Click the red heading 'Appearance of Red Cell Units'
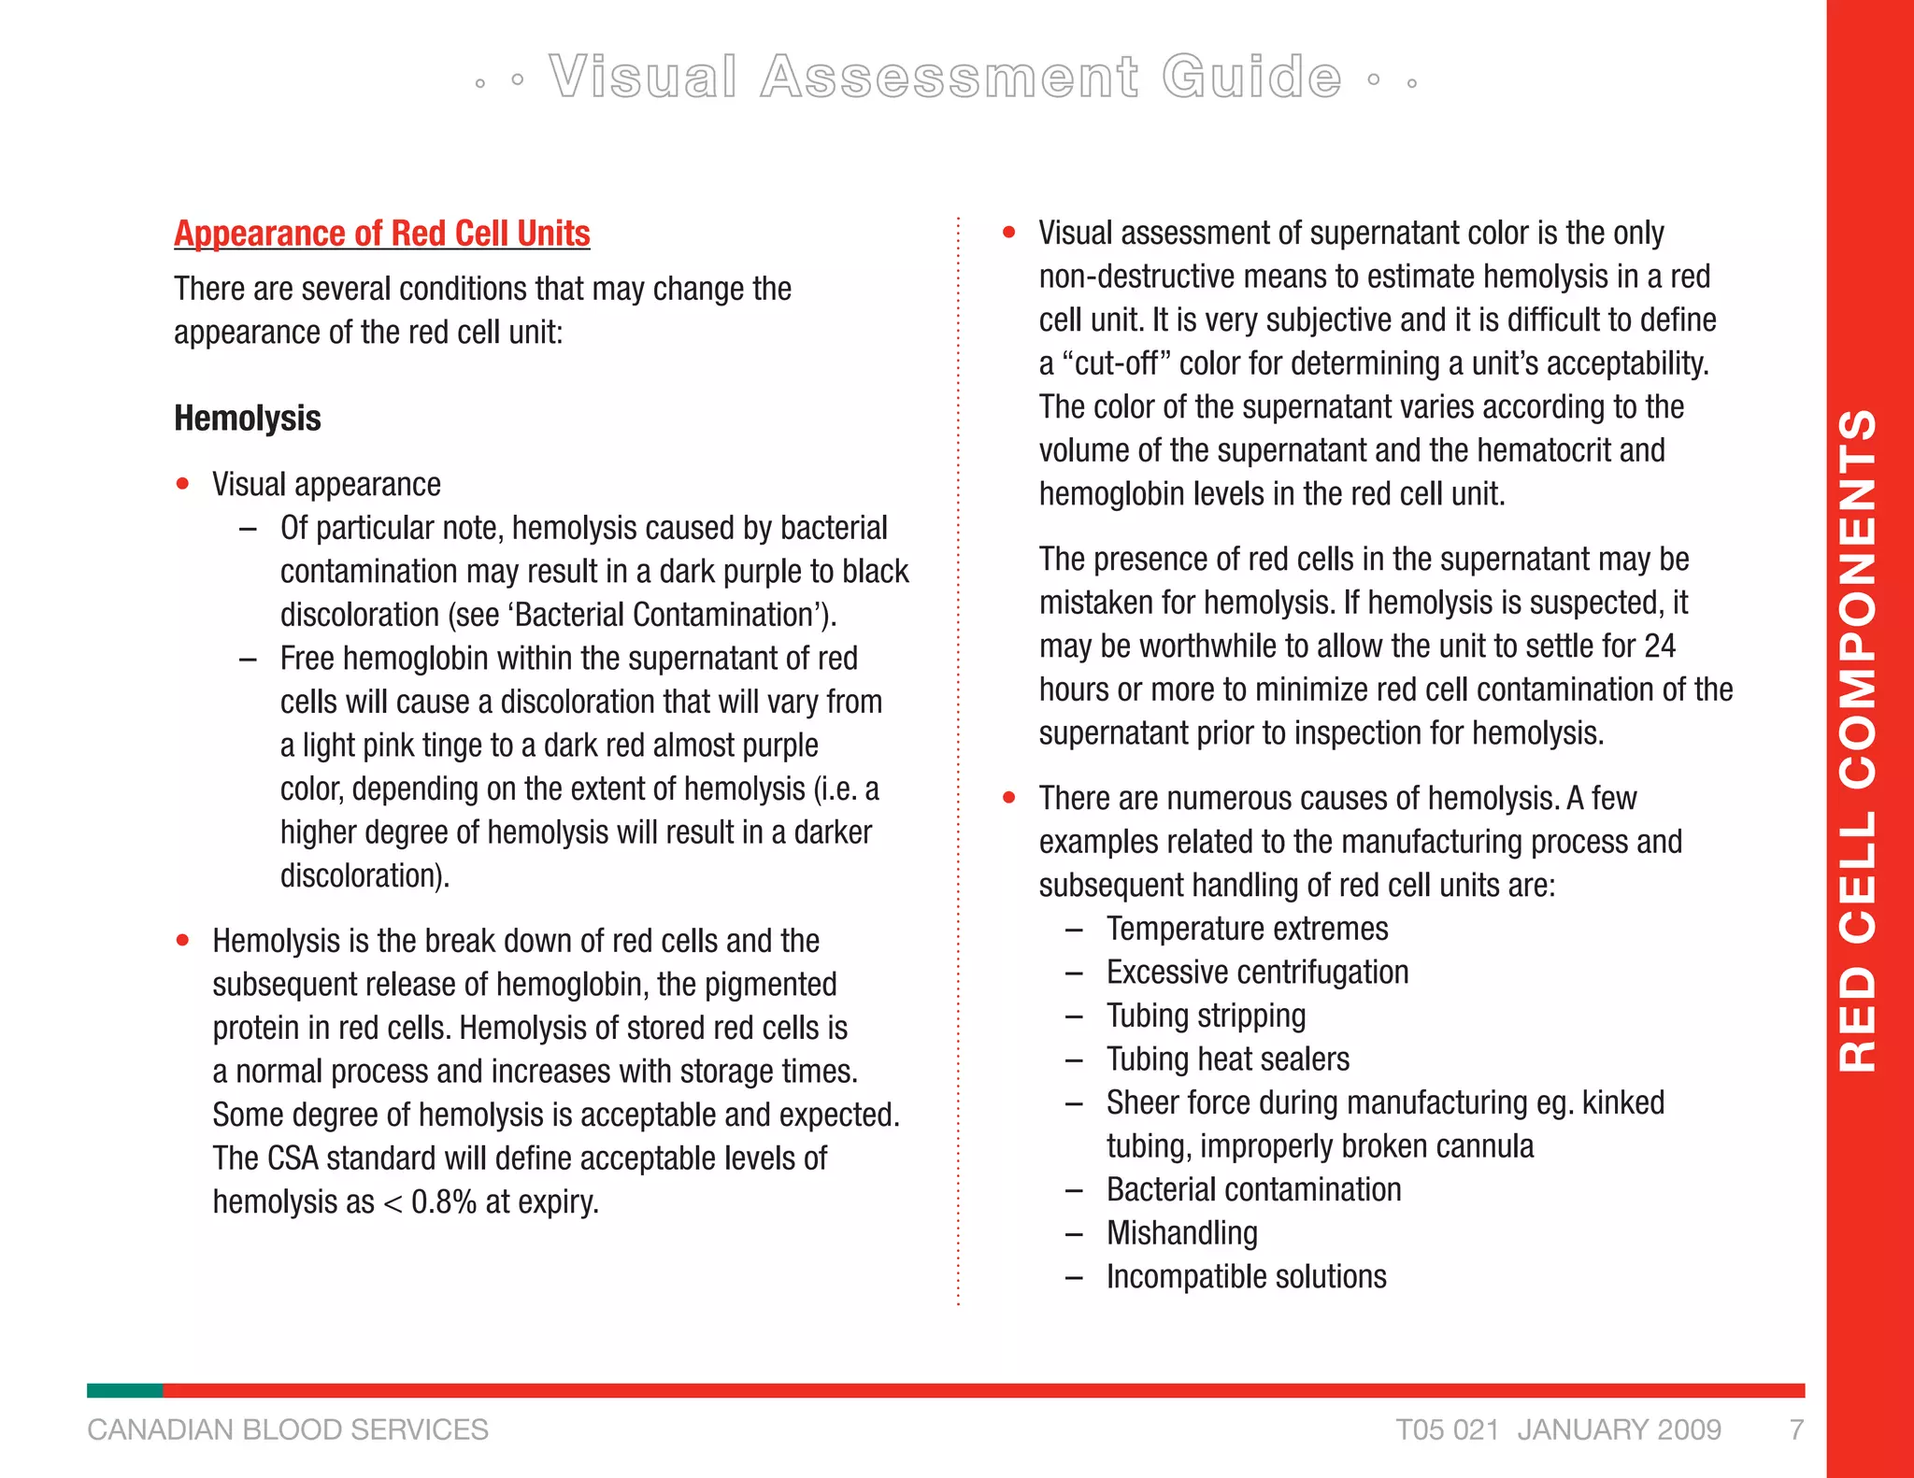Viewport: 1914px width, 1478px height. [x=381, y=234]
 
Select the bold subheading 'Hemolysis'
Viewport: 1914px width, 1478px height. [x=248, y=419]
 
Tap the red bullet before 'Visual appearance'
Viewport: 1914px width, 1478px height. [x=183, y=484]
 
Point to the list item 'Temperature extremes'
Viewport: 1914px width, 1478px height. [x=1247, y=930]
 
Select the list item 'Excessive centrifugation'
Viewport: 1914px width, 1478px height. [x=1257, y=973]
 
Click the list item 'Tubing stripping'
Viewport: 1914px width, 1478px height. [x=1206, y=1016]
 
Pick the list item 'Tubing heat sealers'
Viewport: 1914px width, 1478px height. [x=1228, y=1059]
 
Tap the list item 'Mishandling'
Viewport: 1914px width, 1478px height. [x=1181, y=1233]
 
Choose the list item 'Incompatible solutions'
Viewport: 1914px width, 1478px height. [x=1246, y=1277]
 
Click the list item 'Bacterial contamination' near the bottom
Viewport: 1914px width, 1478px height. [x=1253, y=1190]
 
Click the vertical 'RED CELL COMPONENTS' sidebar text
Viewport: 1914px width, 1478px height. [x=1858, y=739]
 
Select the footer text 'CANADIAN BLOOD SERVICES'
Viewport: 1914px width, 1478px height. [x=288, y=1430]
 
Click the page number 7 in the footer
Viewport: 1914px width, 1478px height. [x=1796, y=1430]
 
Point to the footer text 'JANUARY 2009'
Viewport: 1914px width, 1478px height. [x=1619, y=1430]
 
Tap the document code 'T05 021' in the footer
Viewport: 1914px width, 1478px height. [x=1448, y=1430]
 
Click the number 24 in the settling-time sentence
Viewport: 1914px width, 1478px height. [x=1659, y=647]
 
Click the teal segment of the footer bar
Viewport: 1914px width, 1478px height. [x=124, y=1391]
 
